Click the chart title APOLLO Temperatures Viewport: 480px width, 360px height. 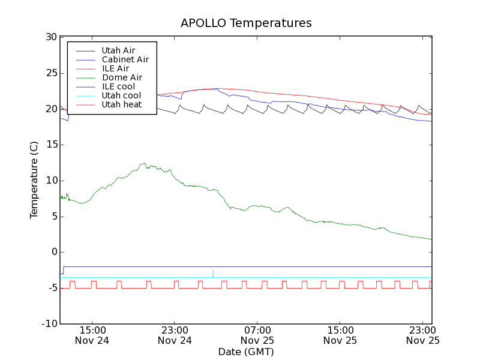pos(246,23)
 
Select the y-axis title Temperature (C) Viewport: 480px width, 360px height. pos(34,180)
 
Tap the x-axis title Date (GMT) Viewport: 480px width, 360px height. pos(246,352)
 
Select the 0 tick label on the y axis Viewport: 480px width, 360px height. pos(53,252)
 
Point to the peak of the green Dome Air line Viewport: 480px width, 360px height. pos(144,163)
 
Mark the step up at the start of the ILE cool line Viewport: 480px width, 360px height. pos(63,270)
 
